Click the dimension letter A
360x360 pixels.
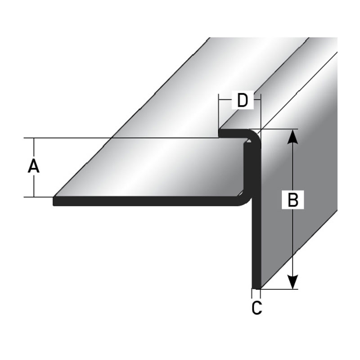[x=34, y=167]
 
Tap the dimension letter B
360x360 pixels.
[x=293, y=200]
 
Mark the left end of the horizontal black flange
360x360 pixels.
[x=55, y=201]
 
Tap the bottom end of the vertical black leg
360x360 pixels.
[x=256, y=286]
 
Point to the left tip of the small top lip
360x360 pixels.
[x=220, y=133]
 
